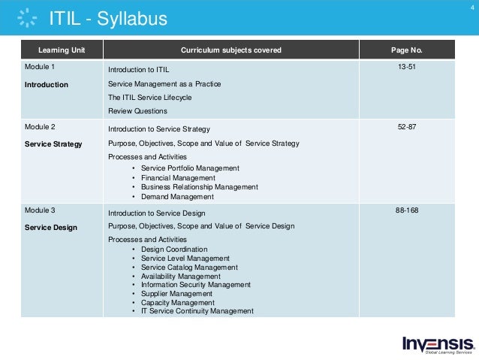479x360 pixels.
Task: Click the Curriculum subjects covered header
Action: (230, 50)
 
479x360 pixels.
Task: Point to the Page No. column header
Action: (407, 50)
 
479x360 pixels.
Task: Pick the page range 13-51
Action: (407, 68)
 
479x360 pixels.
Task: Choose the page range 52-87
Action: (407, 127)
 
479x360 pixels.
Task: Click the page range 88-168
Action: (407, 210)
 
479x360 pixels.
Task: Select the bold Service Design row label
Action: (50, 227)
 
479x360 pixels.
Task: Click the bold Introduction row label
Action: (47, 85)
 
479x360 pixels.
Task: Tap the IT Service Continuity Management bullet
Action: (197, 311)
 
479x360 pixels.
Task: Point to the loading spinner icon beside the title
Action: (27, 18)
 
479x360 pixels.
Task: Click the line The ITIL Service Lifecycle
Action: (150, 98)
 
